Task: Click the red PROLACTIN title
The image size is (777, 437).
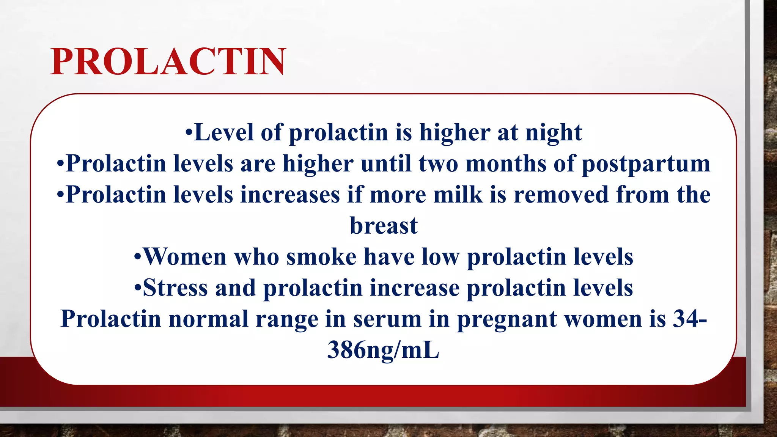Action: pos(168,61)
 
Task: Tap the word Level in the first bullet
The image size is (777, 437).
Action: pos(223,132)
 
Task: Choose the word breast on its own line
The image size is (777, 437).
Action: pos(384,226)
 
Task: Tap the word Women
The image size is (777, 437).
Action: pos(185,257)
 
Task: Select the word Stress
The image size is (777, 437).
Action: pos(175,288)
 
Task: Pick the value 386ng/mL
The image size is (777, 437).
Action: pos(383,350)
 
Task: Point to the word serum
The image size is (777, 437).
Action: pos(387,319)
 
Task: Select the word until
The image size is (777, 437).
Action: pos(385,163)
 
